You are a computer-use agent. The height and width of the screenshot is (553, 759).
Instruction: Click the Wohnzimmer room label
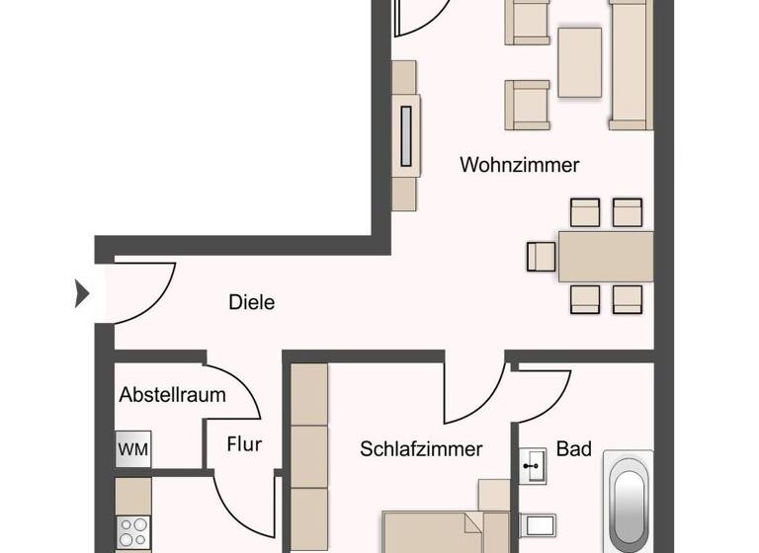pyautogui.click(x=519, y=165)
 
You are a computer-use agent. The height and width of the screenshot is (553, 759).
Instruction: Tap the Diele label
pyautogui.click(x=251, y=302)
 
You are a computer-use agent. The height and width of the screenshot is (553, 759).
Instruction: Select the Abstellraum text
pyautogui.click(x=172, y=395)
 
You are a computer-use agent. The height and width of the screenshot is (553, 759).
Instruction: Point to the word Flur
pyautogui.click(x=244, y=444)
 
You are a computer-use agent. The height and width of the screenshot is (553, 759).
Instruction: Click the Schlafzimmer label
pyautogui.click(x=421, y=449)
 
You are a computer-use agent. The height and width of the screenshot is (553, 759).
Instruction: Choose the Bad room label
pyautogui.click(x=573, y=449)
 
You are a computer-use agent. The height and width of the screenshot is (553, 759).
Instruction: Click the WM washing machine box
pyautogui.click(x=133, y=450)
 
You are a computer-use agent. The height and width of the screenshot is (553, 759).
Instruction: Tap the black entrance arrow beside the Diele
pyautogui.click(x=82, y=293)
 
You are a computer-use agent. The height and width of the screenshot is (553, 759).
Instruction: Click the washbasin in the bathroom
pyautogui.click(x=533, y=465)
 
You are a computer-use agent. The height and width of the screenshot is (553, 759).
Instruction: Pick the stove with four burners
pyautogui.click(x=132, y=532)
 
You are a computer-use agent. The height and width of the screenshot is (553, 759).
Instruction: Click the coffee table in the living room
pyautogui.click(x=579, y=62)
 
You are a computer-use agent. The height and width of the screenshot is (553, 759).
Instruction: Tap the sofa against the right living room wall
pyautogui.click(x=631, y=64)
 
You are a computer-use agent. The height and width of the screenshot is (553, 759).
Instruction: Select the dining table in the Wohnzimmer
pyautogui.click(x=605, y=257)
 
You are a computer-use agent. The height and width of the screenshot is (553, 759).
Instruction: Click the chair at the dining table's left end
pyautogui.click(x=542, y=257)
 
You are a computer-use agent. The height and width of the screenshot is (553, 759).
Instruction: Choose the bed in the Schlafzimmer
pyautogui.click(x=445, y=533)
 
